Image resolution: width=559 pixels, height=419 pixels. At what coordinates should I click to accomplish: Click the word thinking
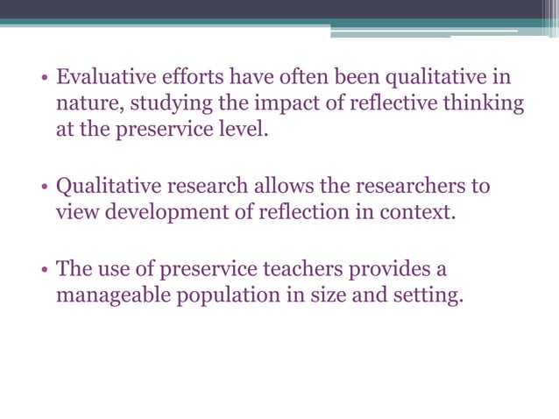482,105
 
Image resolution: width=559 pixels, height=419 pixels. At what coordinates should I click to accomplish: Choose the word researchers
414,186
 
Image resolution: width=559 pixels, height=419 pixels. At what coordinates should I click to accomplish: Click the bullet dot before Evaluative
43,79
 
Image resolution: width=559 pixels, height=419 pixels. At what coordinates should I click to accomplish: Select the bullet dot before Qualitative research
43,187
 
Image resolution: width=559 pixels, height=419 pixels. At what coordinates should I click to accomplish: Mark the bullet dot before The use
43,268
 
